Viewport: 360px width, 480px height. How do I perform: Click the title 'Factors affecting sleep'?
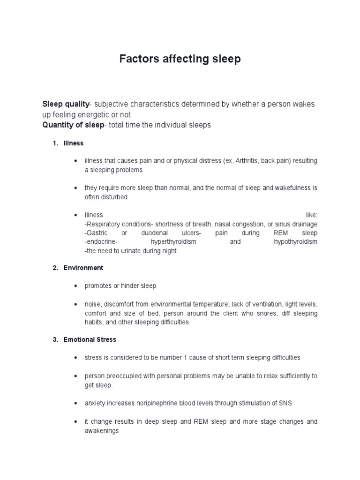(x=180, y=59)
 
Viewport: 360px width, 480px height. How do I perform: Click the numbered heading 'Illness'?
(x=74, y=143)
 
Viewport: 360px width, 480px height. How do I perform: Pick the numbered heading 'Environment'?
(x=83, y=268)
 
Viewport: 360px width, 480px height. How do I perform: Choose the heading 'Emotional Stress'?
(x=90, y=339)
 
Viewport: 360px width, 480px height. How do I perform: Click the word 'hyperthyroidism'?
(x=173, y=242)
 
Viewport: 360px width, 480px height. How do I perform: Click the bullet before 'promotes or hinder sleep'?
(x=75, y=286)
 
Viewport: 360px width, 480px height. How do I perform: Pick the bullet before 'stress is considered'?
(x=75, y=358)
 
